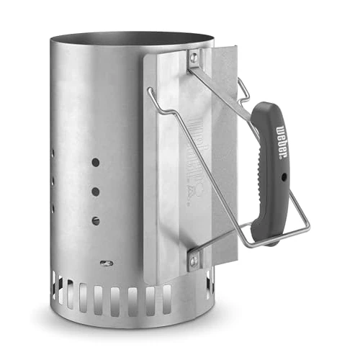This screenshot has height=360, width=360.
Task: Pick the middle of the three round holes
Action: [95, 192]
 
